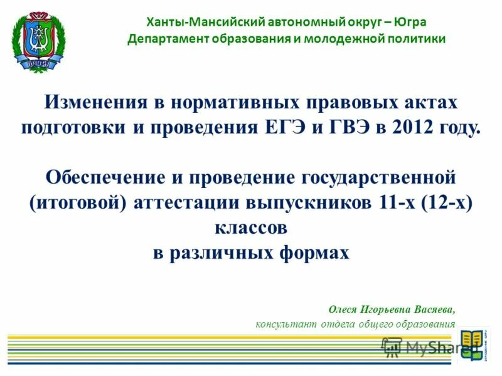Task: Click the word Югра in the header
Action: tap(412, 22)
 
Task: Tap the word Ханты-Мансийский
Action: tap(189, 22)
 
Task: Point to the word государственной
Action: tap(383, 177)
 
